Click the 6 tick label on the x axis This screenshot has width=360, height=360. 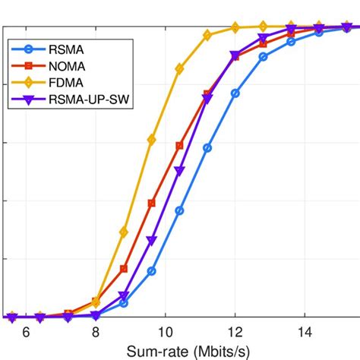click(x=26, y=333)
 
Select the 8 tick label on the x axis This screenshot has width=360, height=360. click(x=96, y=333)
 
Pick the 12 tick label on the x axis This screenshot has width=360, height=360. click(x=235, y=333)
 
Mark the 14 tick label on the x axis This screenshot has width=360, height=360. click(x=305, y=333)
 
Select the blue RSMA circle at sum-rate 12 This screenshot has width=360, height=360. click(x=235, y=93)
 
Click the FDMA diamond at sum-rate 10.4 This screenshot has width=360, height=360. click(x=179, y=68)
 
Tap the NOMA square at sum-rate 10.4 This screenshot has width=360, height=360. click(x=179, y=145)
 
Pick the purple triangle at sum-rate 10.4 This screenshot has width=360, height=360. click(x=179, y=172)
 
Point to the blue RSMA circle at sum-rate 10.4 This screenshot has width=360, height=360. click(x=179, y=210)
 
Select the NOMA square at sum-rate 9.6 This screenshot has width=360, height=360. click(x=152, y=203)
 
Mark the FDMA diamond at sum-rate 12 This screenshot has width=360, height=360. click(x=235, y=28)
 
